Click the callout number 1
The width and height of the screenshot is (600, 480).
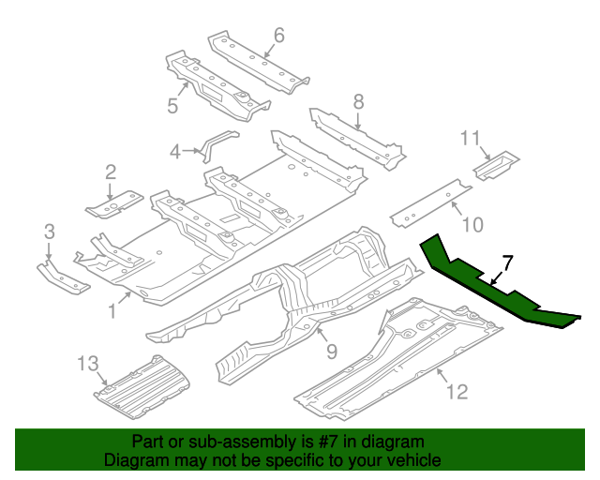point(112,307)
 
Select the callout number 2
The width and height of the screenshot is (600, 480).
point(111,172)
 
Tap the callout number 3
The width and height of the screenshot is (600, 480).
point(50,231)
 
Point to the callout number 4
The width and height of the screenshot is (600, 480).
point(175,151)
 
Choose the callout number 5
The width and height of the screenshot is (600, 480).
point(172,106)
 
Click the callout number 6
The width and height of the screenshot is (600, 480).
point(278,37)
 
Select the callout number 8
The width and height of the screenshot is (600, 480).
point(357,101)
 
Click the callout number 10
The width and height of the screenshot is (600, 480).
point(472,225)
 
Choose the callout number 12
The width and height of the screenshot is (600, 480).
point(456,392)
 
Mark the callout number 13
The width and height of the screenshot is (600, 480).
point(87,364)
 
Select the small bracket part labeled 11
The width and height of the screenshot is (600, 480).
point(495,167)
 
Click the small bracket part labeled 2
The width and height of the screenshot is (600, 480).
point(114,201)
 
